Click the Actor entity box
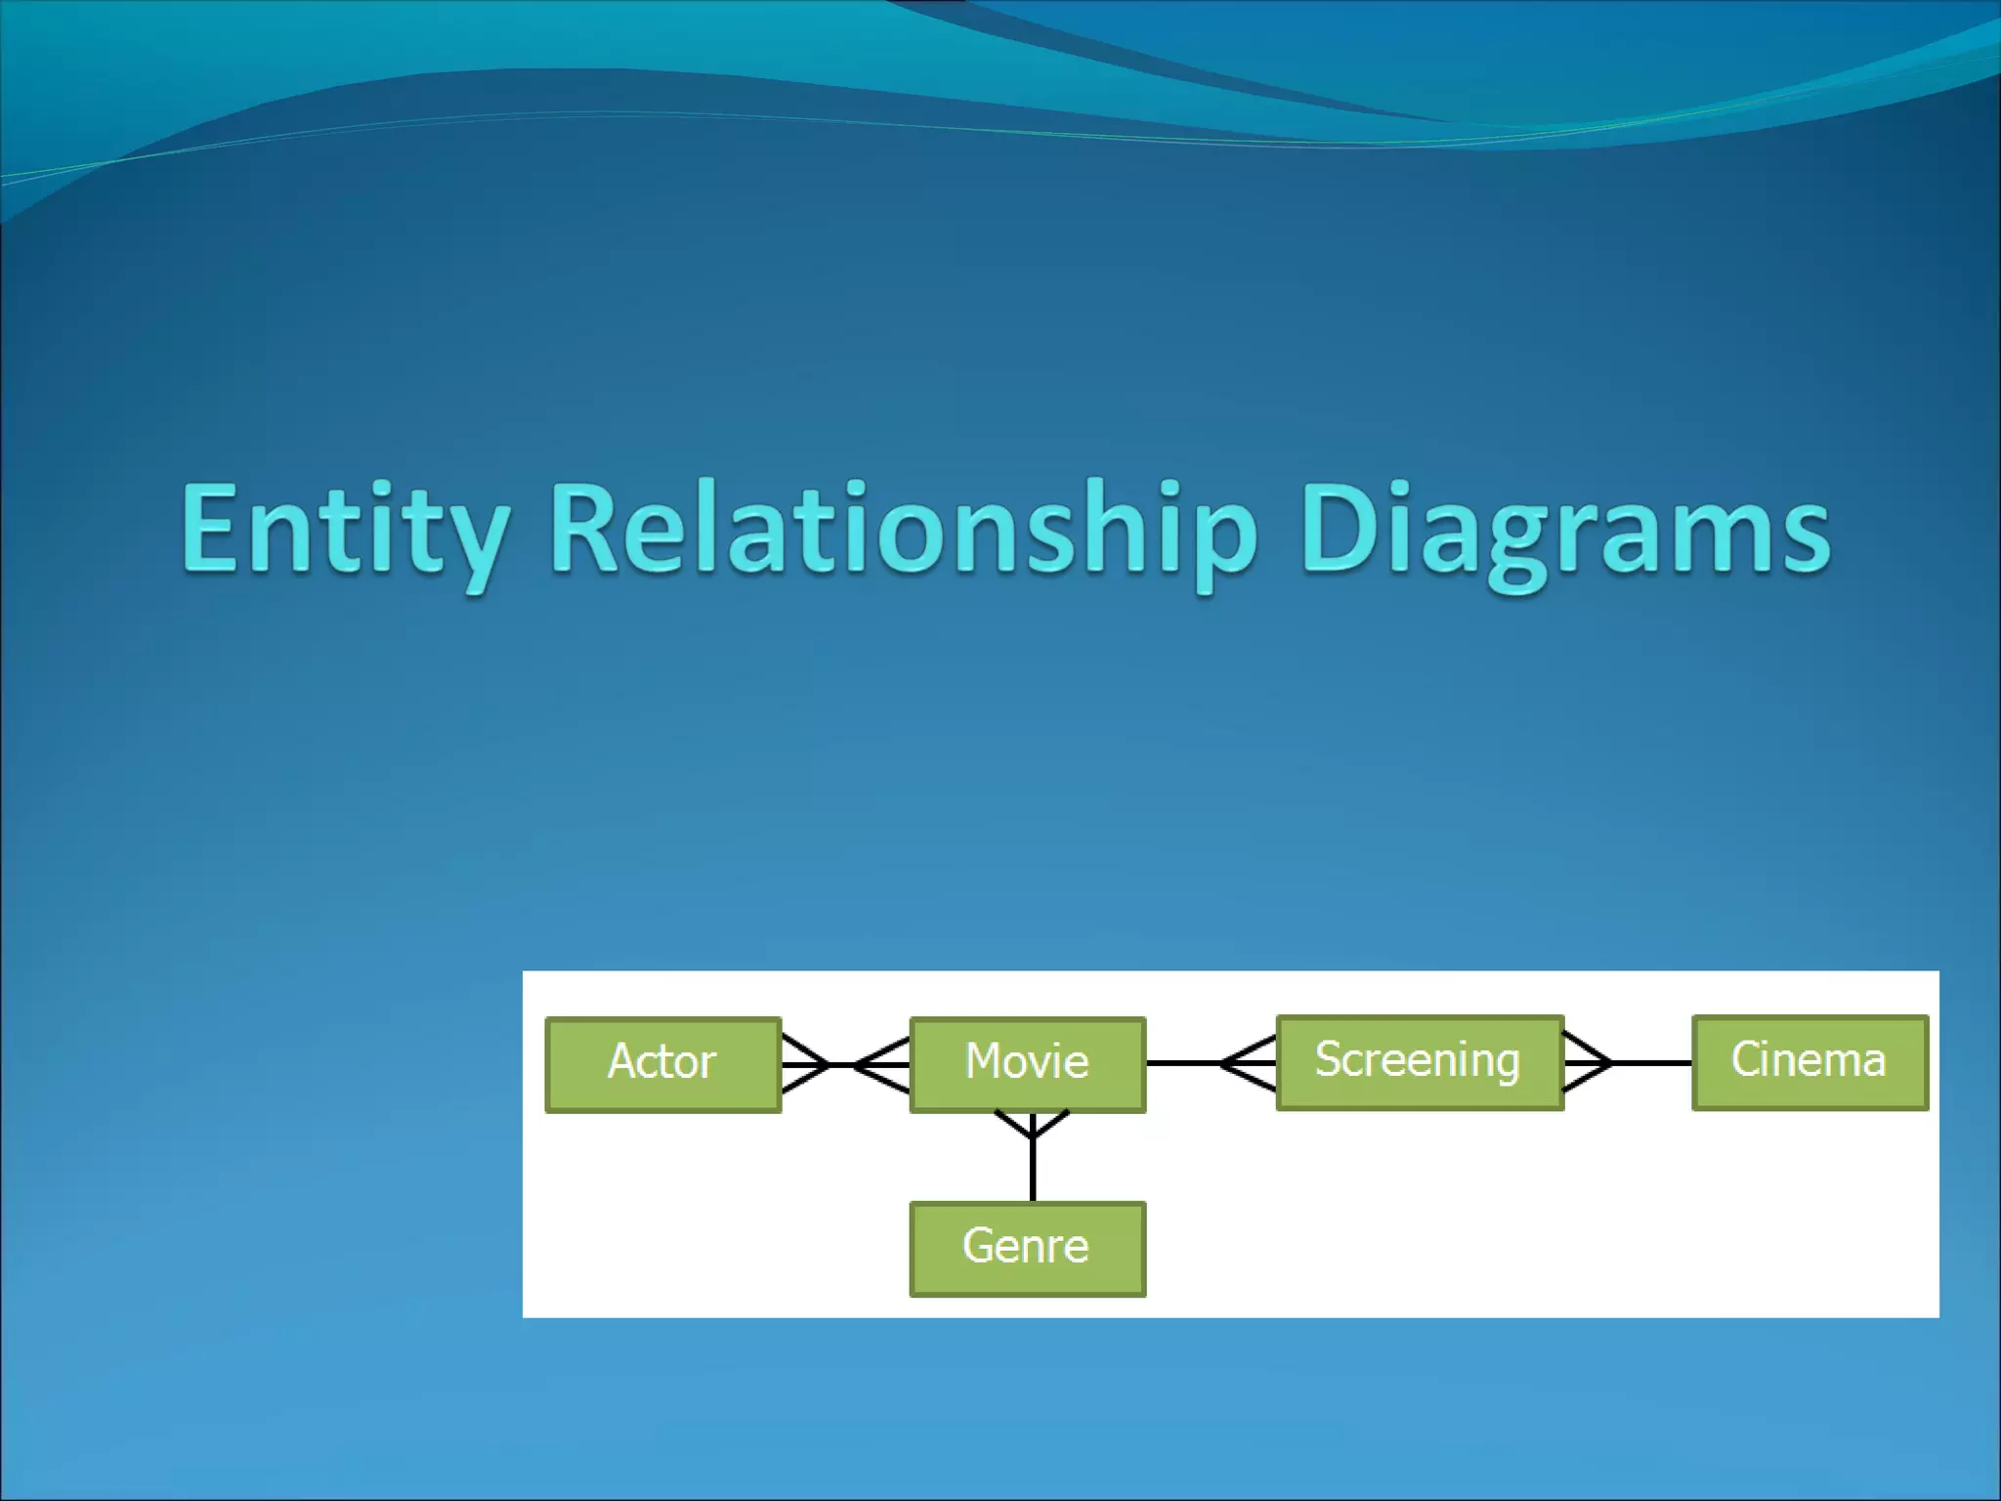662,1064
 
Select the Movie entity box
1027,1064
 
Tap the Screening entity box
1419,1062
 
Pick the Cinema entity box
1809,1062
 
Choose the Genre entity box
1027,1248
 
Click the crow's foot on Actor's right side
803,1064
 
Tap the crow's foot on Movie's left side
883,1064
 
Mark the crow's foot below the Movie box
1033,1127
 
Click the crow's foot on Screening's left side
1249,1062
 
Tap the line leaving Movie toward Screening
1182,1062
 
